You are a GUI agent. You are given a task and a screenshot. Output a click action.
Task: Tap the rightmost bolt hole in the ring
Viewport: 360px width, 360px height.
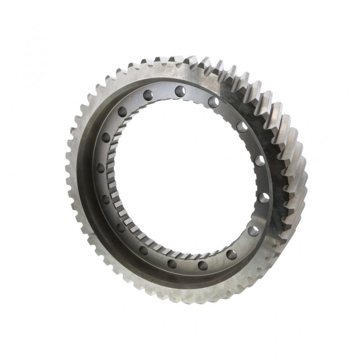(x=264, y=197)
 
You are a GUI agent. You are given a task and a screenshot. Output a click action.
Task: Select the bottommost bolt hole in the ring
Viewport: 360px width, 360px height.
(x=202, y=265)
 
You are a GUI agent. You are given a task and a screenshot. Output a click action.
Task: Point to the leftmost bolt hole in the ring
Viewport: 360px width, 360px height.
(x=100, y=168)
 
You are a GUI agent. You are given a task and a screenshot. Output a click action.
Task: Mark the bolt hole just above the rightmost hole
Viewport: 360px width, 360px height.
(x=260, y=160)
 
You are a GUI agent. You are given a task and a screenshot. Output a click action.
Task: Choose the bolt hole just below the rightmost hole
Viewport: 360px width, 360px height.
(x=253, y=231)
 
